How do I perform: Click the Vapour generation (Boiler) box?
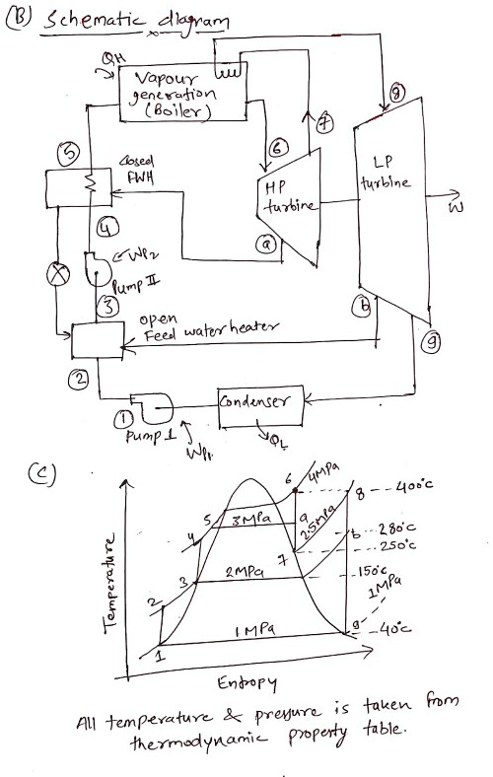[x=173, y=95]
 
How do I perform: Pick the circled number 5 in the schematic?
[x=70, y=154]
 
